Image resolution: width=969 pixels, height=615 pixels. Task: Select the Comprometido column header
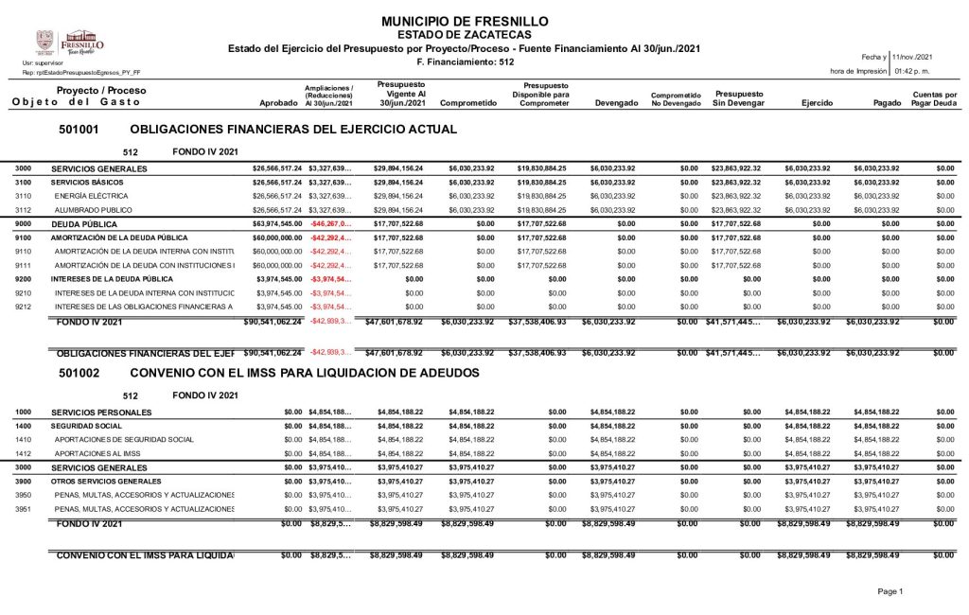(468, 102)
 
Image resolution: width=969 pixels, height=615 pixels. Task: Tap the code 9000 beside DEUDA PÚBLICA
(24, 225)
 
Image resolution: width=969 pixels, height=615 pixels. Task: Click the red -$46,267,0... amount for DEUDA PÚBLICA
(330, 225)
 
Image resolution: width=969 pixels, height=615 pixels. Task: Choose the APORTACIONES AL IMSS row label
(99, 453)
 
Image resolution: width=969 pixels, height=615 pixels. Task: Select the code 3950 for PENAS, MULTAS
(24, 495)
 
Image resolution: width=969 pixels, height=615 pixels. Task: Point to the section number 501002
(79, 374)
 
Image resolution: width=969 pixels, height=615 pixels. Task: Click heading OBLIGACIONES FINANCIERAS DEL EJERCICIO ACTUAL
(292, 128)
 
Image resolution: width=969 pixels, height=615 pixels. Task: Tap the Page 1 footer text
(890, 591)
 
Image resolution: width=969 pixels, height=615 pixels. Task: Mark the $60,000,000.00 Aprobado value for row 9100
(277, 238)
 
